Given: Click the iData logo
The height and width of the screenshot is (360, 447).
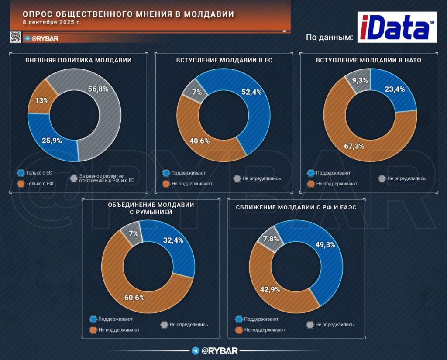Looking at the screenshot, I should (x=396, y=27).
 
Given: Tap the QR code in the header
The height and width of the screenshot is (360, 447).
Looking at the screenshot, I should (x=15, y=37).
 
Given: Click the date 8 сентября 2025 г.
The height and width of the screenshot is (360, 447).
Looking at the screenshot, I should (x=52, y=22).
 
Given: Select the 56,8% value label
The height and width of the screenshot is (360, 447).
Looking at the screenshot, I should (x=98, y=89).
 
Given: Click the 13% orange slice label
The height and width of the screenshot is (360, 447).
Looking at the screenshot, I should (x=41, y=100).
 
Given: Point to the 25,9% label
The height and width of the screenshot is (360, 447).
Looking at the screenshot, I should (x=52, y=141).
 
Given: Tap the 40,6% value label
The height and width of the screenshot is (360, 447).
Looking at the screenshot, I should (x=199, y=141).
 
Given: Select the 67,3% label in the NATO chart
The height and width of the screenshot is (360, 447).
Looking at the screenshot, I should (x=354, y=146).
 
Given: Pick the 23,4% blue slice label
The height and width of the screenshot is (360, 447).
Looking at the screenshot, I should (x=394, y=89).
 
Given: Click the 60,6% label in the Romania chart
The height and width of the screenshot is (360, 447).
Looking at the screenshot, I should (x=134, y=297).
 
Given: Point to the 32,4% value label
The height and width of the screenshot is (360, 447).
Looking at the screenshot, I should (x=173, y=240).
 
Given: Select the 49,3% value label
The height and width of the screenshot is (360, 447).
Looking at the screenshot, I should (x=325, y=245).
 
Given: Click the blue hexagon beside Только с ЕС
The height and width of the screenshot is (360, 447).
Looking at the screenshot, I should (x=20, y=173).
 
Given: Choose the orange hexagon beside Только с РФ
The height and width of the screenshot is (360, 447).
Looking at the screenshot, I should (x=20, y=184).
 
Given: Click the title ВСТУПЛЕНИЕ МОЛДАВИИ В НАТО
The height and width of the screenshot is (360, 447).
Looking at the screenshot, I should (x=368, y=60).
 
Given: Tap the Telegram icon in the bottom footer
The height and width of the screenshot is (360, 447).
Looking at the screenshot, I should (x=196, y=351).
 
